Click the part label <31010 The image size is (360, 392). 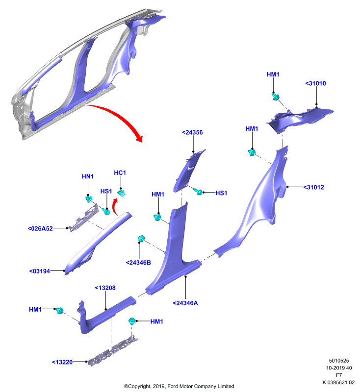pyautogui.click(x=315, y=83)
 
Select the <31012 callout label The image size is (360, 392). pyautogui.click(x=313, y=187)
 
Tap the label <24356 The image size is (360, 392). pyautogui.click(x=192, y=132)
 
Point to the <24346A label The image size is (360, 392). pyautogui.click(x=185, y=303)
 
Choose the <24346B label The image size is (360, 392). pyautogui.click(x=138, y=263)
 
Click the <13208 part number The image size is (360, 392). pyautogui.click(x=105, y=288)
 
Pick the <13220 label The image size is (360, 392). pyautogui.click(x=62, y=362)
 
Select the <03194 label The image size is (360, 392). pyautogui.click(x=40, y=271)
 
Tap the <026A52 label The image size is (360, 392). pyautogui.click(x=40, y=228)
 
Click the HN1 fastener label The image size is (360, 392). pyautogui.click(x=88, y=176)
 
